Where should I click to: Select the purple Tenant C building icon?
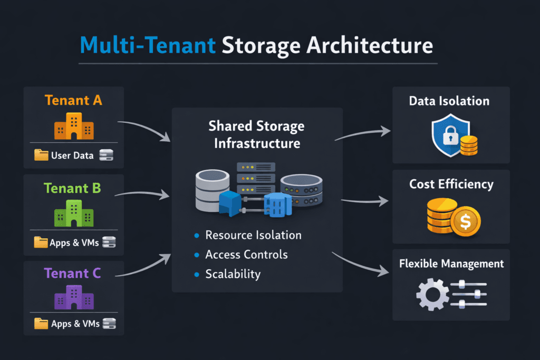tap(74, 297)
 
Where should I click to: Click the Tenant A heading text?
tap(74, 100)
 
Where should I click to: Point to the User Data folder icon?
tap(41, 155)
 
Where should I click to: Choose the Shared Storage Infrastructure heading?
tap(257, 134)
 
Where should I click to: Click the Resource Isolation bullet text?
tap(253, 235)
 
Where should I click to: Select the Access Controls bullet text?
tap(246, 255)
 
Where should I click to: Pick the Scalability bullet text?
tap(233, 274)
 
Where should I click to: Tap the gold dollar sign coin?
tap(465, 222)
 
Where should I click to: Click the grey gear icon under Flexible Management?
tap(432, 294)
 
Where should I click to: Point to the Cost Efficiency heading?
tap(451, 184)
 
